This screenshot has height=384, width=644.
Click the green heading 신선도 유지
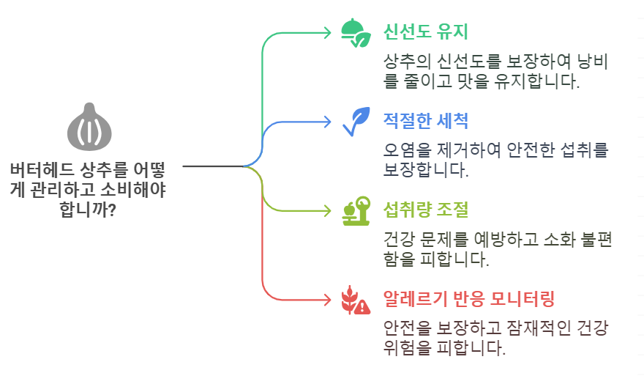pos(425,32)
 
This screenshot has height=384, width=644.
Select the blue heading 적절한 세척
pos(425,120)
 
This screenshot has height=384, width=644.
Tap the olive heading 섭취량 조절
pos(425,210)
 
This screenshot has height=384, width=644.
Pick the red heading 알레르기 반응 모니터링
pos(469,299)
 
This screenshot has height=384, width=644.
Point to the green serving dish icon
pos(356,32)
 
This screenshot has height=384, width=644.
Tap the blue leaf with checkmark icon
pos(356,122)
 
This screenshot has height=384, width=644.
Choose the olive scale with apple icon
pos(356,211)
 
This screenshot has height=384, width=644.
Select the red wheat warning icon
pos(356,300)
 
